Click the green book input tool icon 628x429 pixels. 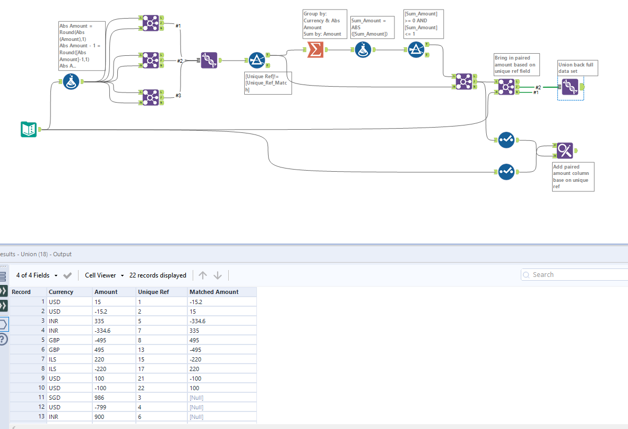tap(29, 129)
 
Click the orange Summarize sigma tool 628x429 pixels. tap(315, 50)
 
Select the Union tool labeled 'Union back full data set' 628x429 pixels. tap(570, 87)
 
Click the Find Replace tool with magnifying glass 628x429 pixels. tap(565, 150)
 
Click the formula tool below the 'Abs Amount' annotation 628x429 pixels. tap(71, 82)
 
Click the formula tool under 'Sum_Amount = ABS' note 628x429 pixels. tap(363, 50)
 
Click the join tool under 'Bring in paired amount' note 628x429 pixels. tap(506, 87)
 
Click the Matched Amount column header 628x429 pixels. tap(214, 292)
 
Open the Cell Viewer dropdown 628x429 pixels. tap(105, 275)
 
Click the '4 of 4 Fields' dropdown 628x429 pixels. tap(36, 275)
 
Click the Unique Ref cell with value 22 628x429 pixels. tap(141, 388)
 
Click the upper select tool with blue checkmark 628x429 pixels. tap(506, 140)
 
